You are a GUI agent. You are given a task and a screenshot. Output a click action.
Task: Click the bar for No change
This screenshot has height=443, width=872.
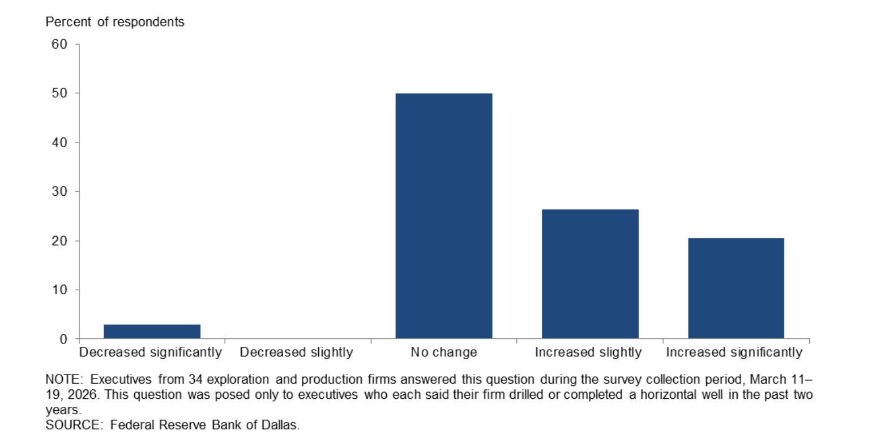coord(444,216)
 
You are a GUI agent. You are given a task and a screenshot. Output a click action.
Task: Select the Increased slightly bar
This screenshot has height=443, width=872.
coord(590,274)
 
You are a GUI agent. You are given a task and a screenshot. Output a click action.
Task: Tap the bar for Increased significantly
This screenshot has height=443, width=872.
coord(736,288)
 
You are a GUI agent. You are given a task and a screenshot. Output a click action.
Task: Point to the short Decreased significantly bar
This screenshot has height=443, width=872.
coord(152,332)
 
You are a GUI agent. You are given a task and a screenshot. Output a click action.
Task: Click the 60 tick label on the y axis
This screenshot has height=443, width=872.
coord(59,44)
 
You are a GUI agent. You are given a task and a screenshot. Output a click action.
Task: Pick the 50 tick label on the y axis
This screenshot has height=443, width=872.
coord(59,93)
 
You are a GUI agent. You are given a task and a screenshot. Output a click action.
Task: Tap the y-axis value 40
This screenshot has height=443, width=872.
coord(59,143)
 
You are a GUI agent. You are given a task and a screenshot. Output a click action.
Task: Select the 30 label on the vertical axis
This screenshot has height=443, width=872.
coord(59,191)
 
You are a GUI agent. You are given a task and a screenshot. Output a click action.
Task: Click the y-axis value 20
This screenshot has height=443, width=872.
coord(59,241)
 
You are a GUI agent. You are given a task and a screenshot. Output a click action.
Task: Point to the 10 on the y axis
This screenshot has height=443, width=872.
coord(59,290)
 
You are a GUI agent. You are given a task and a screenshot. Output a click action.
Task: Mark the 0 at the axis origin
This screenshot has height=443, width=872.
coord(63,339)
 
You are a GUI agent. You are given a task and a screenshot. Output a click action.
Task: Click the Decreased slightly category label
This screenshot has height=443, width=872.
coord(296,352)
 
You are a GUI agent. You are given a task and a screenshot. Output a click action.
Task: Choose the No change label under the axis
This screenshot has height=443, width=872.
coord(444,352)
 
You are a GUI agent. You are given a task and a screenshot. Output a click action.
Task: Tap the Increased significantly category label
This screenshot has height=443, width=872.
coord(734,352)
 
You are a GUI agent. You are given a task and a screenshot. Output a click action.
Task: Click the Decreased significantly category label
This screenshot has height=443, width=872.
coord(151,352)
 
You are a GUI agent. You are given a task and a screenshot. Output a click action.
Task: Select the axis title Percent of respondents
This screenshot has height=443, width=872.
coord(115,21)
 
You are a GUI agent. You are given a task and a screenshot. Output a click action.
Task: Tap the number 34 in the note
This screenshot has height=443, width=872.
coord(196,379)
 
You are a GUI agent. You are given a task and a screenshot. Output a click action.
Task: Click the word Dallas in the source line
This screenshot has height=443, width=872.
coord(280,425)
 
